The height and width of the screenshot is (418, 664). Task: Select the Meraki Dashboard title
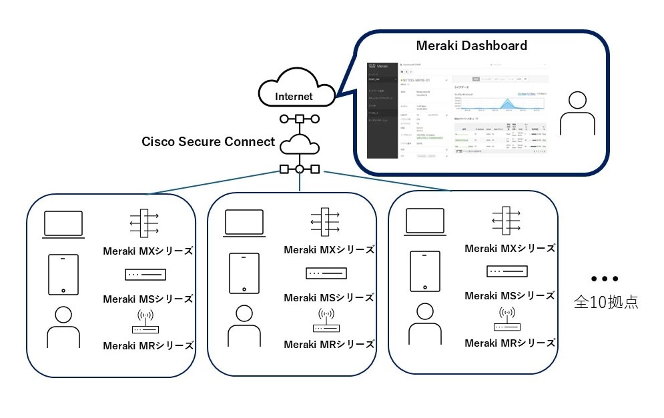pos(471,46)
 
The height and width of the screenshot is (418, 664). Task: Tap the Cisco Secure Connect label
pos(208,141)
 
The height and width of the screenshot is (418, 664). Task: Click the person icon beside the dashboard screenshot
pos(577,114)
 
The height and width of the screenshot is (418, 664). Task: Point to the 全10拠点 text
pos(605,301)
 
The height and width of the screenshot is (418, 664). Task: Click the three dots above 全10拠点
pos(605,278)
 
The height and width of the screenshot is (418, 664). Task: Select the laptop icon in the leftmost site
pos(63,224)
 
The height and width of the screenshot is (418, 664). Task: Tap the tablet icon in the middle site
pos(244,273)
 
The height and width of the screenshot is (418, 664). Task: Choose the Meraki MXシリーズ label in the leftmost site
pos(148,251)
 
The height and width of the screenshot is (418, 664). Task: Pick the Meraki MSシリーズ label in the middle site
pos(329,297)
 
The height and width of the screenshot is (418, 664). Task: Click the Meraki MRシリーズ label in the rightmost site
pos(510,343)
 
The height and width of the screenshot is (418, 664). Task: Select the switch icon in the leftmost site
pos(145,274)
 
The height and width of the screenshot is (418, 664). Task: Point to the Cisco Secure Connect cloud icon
pos(300,145)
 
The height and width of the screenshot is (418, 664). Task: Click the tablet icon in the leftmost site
pos(63,274)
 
